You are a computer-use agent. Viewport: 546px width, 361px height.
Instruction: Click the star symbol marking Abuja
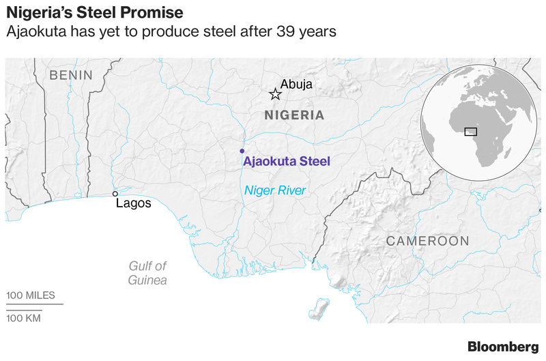(275, 94)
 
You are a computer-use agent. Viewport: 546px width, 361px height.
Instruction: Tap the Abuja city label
(296, 85)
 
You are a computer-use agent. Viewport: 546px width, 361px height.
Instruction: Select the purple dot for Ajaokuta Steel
(242, 151)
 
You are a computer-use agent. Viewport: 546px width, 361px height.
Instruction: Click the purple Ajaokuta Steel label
(287, 162)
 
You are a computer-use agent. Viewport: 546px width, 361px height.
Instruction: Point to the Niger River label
(275, 190)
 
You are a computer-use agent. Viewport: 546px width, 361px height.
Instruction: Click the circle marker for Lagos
(115, 194)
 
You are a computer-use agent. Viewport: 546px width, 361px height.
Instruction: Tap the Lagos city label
(133, 203)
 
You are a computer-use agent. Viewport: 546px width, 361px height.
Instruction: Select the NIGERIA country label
(294, 115)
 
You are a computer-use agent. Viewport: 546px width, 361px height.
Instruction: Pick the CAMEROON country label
(427, 241)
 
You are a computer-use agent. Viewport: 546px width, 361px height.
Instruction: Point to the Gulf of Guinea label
(148, 273)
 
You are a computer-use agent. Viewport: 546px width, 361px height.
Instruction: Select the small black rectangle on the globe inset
(471, 131)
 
